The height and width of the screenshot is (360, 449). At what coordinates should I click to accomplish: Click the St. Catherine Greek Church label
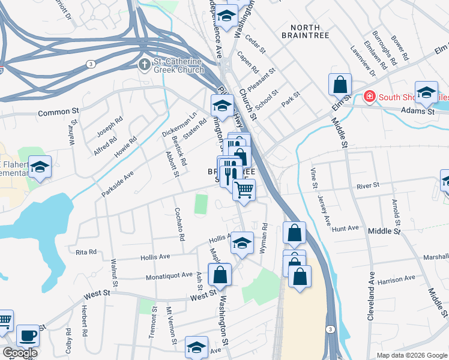[x=178, y=64]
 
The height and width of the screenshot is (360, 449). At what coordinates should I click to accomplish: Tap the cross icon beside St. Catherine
[x=144, y=64]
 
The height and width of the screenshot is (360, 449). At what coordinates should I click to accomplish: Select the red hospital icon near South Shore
[x=370, y=96]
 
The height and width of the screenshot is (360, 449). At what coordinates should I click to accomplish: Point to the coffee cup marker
[x=28, y=336]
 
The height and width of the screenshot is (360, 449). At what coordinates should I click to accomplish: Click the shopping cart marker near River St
[x=244, y=190]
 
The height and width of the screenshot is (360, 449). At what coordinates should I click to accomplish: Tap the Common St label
[x=58, y=112]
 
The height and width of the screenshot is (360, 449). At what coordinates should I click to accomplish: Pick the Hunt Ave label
[x=345, y=229]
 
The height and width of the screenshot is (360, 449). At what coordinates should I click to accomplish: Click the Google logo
[x=20, y=353]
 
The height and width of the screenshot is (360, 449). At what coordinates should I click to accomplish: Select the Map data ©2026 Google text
[x=412, y=355]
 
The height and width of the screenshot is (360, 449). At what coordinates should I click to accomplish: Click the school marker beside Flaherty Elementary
[x=40, y=167]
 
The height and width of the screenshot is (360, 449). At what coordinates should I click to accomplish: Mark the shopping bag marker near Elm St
[x=340, y=85]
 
